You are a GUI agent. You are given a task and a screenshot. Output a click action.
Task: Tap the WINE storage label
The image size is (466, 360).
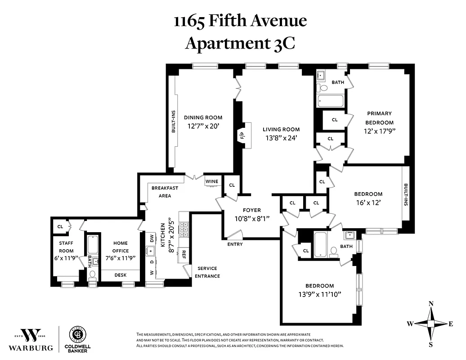[212, 182]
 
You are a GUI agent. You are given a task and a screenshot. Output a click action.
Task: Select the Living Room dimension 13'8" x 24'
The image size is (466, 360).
[281, 139]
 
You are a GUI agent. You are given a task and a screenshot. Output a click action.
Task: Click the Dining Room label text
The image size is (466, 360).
[203, 118]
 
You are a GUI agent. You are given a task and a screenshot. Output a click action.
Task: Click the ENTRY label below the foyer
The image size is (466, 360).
[235, 244]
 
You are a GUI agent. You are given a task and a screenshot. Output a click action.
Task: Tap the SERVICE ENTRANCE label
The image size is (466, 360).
[207, 272]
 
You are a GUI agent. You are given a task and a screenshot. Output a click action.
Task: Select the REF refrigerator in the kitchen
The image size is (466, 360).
[184, 255]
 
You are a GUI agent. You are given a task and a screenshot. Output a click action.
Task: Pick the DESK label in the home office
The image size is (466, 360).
[121, 275]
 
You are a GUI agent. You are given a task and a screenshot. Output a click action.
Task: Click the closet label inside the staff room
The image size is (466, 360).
[60, 226]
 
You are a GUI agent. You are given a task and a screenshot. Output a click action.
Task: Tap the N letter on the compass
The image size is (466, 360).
[431, 304]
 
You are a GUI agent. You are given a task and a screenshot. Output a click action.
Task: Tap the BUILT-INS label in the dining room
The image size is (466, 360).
[173, 122]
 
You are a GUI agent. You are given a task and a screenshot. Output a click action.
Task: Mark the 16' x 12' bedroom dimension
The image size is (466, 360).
[368, 202]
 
